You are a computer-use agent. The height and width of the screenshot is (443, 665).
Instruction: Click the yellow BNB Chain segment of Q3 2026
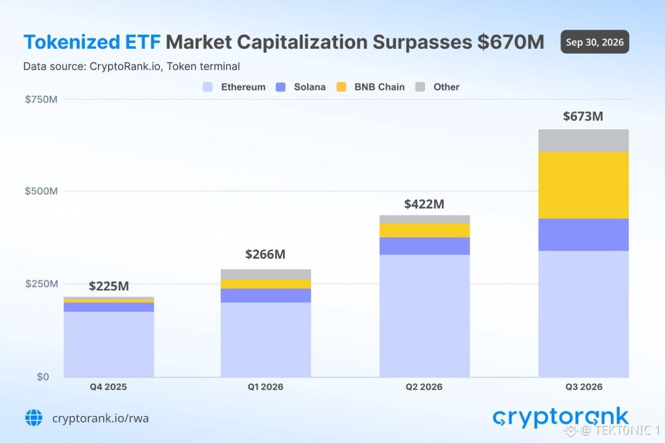point(583,185)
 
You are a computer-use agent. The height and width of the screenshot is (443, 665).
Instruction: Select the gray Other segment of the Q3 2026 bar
point(583,141)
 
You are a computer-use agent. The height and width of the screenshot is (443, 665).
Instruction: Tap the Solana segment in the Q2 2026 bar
point(424,246)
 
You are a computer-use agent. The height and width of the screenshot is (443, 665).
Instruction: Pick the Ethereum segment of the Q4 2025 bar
point(109,344)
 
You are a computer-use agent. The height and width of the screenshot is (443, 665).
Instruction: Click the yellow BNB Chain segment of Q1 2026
point(265,284)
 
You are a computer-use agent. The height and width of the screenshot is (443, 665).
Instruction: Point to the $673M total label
point(583,116)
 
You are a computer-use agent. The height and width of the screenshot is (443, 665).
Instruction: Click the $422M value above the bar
point(424,204)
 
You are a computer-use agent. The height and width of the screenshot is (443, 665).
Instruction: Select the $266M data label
point(265,254)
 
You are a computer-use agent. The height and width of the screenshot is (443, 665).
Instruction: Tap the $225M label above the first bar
point(109,286)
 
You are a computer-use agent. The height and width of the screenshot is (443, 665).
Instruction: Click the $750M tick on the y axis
point(41,99)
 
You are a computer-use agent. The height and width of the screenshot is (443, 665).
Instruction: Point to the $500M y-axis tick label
point(41,191)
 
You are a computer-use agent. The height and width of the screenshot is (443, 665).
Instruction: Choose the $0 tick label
point(43,377)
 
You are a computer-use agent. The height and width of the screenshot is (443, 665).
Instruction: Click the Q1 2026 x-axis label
point(265,387)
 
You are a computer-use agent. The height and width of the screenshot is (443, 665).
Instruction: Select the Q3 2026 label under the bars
point(584,387)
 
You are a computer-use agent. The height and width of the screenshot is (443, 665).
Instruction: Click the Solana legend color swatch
point(281,87)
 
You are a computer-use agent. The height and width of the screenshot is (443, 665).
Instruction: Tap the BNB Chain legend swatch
point(341,87)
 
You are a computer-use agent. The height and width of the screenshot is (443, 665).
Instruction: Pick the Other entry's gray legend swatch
point(420,87)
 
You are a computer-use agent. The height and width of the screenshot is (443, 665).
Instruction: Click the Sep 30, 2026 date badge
point(595,42)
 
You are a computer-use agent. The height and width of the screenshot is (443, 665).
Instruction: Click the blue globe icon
point(34,418)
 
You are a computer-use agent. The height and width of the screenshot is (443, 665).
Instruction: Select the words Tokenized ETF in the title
point(92,42)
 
